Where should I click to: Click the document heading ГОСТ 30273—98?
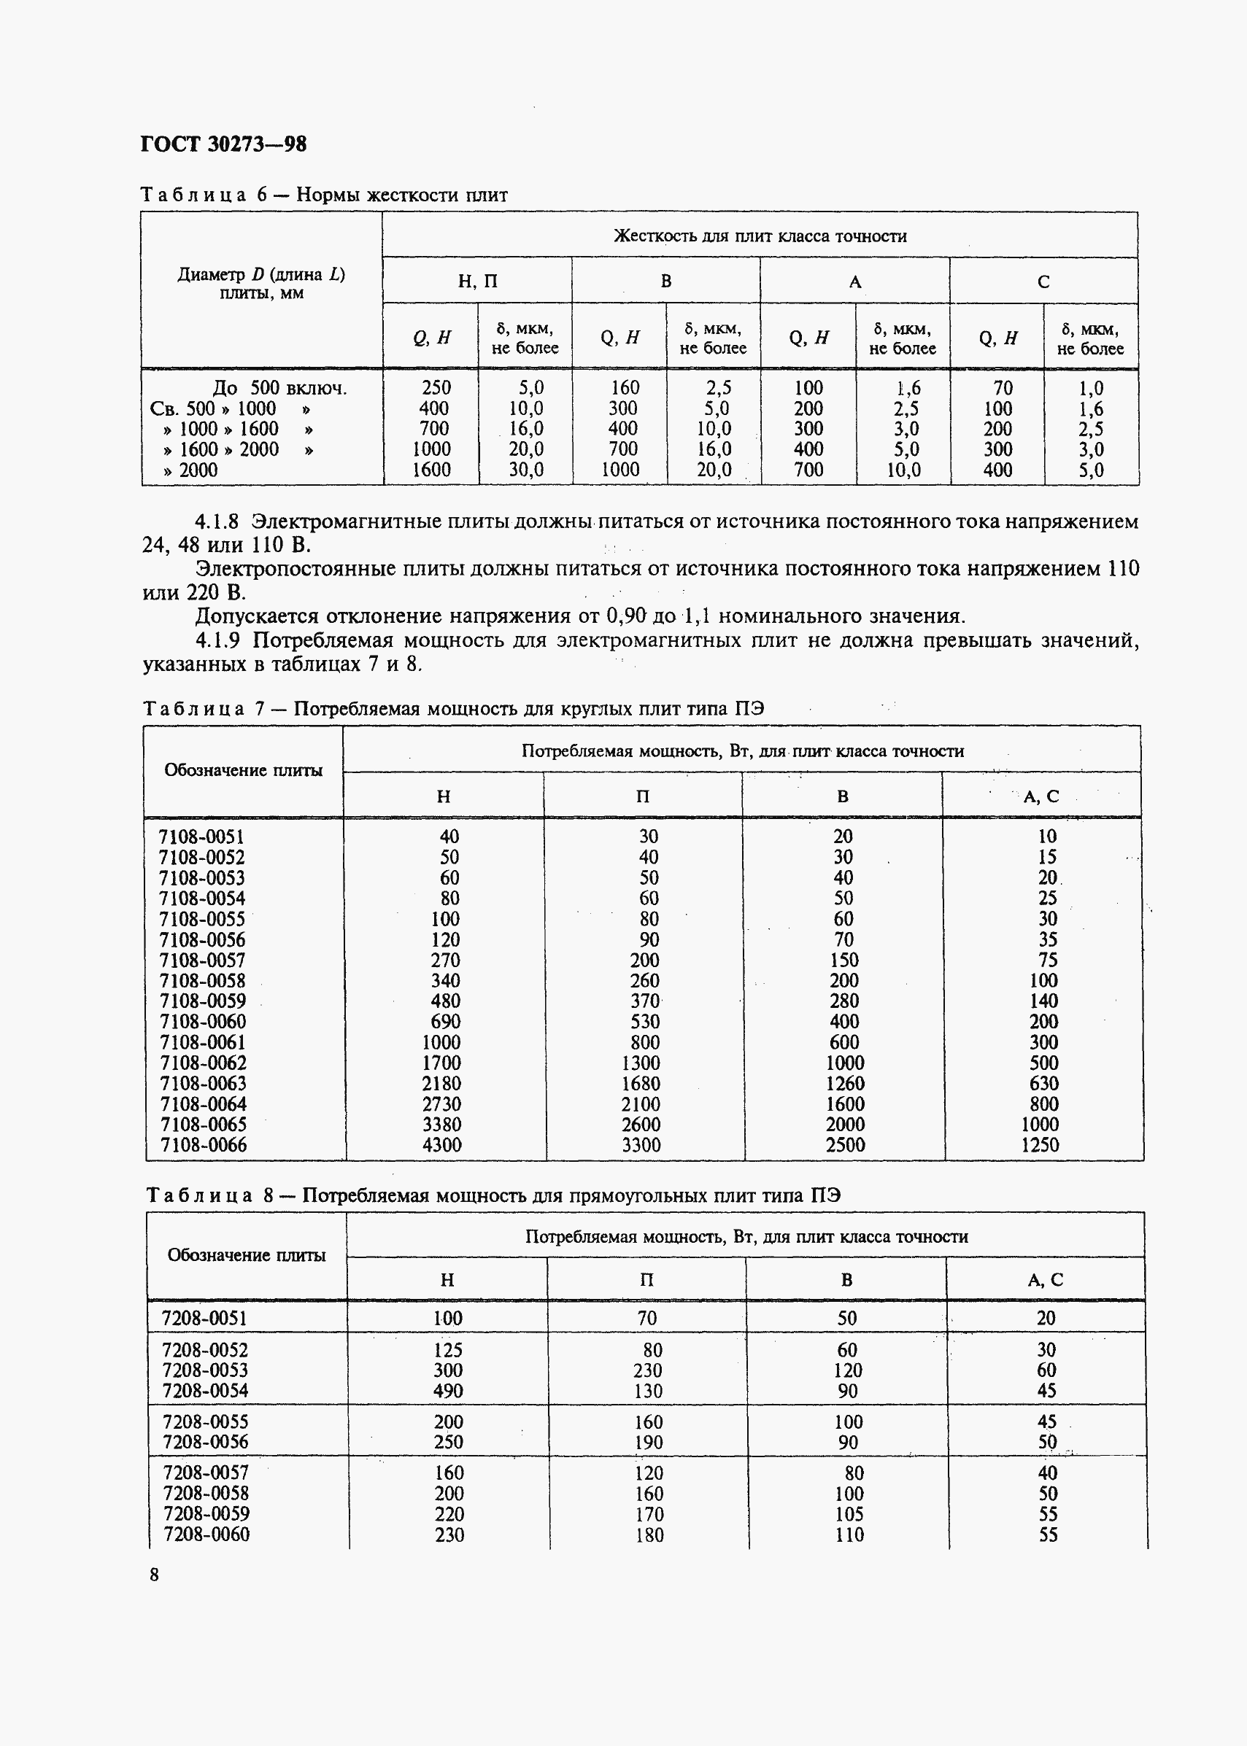[x=223, y=144]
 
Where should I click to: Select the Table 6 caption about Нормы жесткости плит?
[x=323, y=195]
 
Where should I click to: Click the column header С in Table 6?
[x=1043, y=282]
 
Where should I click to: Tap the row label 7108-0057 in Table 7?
[x=203, y=960]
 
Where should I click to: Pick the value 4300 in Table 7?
[x=441, y=1145]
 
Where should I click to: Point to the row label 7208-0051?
[x=205, y=1319]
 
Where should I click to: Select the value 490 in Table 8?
[x=448, y=1391]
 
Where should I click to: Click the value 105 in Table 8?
[x=849, y=1514]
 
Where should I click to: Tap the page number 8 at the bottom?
[x=155, y=1575]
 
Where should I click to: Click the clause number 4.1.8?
[x=217, y=522]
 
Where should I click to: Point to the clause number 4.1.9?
[x=217, y=640]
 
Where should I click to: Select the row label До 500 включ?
[x=279, y=388]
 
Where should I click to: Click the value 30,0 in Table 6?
[x=526, y=470]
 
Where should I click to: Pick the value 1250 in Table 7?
[x=1040, y=1145]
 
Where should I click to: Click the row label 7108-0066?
[x=204, y=1145]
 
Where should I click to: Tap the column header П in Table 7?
[x=643, y=796]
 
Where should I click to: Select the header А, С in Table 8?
[x=1045, y=1279]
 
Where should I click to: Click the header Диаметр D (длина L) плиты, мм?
[x=261, y=284]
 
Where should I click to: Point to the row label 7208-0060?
[x=206, y=1534]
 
